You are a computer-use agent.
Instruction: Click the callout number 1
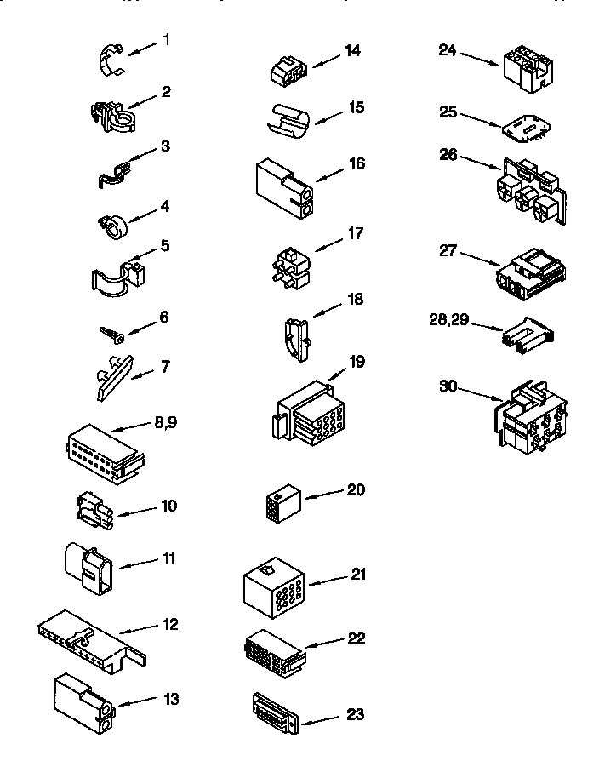click(167, 40)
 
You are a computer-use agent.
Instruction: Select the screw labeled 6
click(112, 334)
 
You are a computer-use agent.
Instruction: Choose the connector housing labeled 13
click(81, 703)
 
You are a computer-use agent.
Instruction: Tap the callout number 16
click(357, 163)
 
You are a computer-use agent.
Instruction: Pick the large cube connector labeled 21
click(273, 587)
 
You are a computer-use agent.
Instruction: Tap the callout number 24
click(448, 51)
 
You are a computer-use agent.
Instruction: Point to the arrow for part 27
click(479, 260)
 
